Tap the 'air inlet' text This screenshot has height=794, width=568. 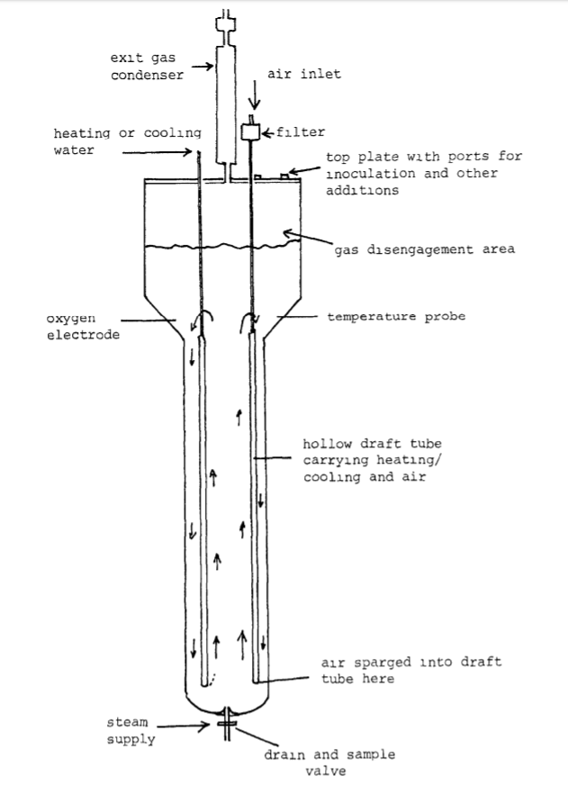coord(304,75)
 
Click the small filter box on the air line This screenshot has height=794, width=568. coord(251,131)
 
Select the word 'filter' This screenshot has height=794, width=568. coord(300,132)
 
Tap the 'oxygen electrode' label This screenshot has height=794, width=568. coord(77,326)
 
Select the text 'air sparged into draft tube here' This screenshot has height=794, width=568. coord(410,671)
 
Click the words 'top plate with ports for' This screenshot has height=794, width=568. coord(423,156)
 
